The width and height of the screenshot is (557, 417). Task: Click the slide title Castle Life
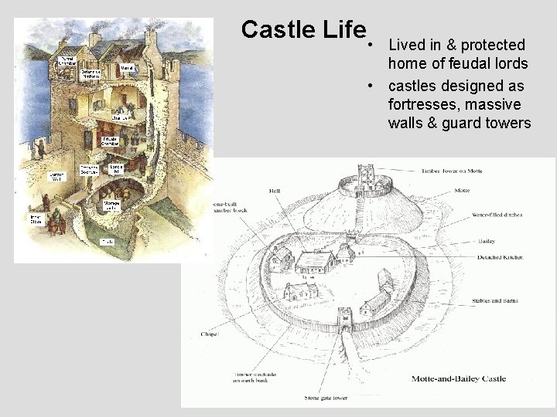point(302,29)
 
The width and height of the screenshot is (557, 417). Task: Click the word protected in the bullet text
point(487,44)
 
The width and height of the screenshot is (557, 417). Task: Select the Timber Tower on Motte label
point(452,171)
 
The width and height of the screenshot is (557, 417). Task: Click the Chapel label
point(209,335)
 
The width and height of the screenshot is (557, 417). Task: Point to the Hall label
point(275,190)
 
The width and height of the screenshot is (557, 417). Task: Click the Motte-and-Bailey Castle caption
point(481,379)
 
